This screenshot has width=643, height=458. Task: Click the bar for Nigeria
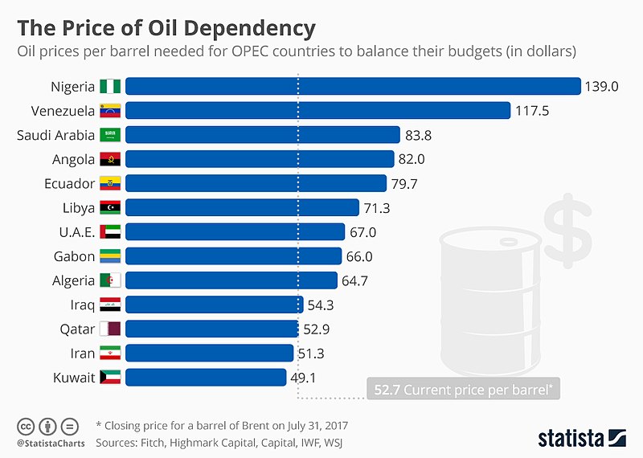353,86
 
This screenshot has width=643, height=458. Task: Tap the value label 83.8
423,135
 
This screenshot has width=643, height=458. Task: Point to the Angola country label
74,159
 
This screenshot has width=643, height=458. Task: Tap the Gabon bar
233,256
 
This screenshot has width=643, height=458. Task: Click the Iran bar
209,353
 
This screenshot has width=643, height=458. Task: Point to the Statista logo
580,437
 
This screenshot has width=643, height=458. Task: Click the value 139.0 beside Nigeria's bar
602,87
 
